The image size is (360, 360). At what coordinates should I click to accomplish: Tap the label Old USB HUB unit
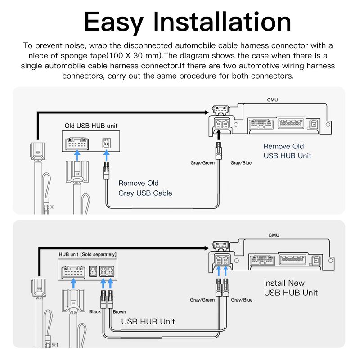click(91, 126)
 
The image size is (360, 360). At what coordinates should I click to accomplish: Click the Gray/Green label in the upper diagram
click(202, 162)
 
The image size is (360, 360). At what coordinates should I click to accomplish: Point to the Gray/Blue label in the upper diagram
click(241, 162)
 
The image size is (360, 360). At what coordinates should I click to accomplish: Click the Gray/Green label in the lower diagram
click(202, 300)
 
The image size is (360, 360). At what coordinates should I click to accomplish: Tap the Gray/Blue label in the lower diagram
click(241, 300)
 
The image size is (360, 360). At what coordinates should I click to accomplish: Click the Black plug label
click(95, 311)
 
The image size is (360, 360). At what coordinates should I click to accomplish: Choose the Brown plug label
click(119, 311)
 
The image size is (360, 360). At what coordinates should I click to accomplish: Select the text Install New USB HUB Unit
click(290, 288)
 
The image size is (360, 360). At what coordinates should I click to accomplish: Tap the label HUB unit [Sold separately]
click(88, 254)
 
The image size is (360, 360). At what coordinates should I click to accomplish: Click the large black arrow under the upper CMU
click(219, 134)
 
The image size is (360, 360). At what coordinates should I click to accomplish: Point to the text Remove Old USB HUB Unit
click(287, 151)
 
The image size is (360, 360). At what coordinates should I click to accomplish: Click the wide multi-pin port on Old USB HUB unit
click(78, 142)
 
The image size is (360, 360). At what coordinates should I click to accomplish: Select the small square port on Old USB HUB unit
click(107, 142)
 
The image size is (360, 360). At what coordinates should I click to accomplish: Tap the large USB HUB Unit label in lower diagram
click(148, 322)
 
